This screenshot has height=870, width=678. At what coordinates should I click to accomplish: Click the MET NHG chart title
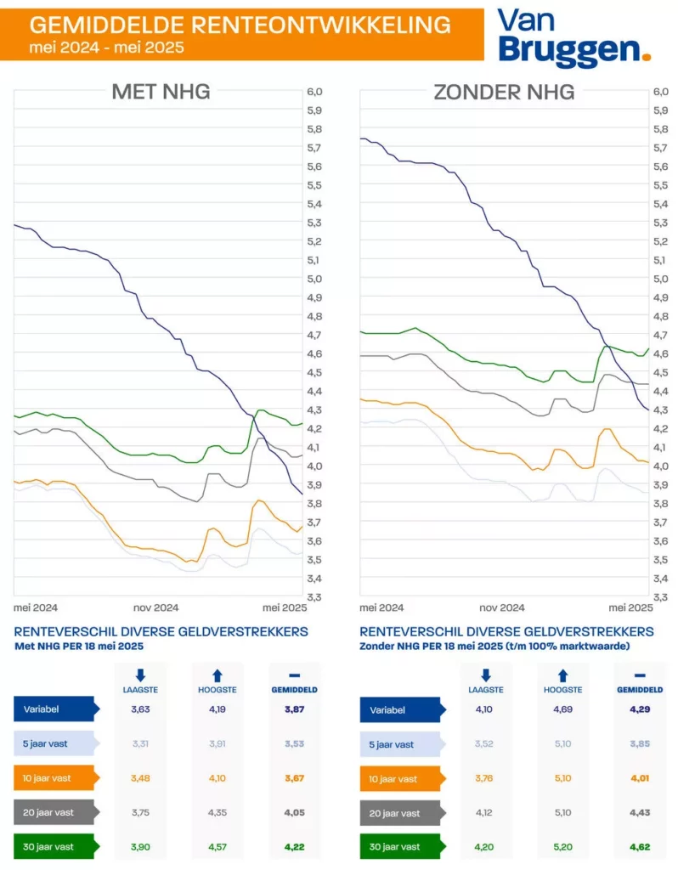161,92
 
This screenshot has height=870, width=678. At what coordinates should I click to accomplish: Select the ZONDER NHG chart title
504,92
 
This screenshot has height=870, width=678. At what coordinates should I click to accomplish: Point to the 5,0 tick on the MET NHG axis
314,279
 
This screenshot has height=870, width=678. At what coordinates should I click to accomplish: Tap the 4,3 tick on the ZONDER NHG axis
661,410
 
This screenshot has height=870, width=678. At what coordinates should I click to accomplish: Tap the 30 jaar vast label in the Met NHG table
49,846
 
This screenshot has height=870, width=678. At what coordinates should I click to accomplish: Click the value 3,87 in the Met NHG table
296,709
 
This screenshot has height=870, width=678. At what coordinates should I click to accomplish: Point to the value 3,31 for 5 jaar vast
141,744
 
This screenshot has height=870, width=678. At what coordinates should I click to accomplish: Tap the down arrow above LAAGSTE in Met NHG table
141,675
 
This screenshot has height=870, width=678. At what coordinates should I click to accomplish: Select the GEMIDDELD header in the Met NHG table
295,690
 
